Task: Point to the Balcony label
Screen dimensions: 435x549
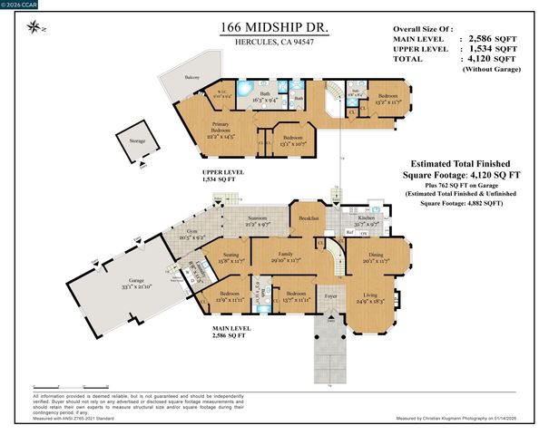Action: (192, 78)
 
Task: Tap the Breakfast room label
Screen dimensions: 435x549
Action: (308, 217)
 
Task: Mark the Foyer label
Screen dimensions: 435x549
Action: (330, 295)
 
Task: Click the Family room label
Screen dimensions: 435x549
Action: (286, 256)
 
